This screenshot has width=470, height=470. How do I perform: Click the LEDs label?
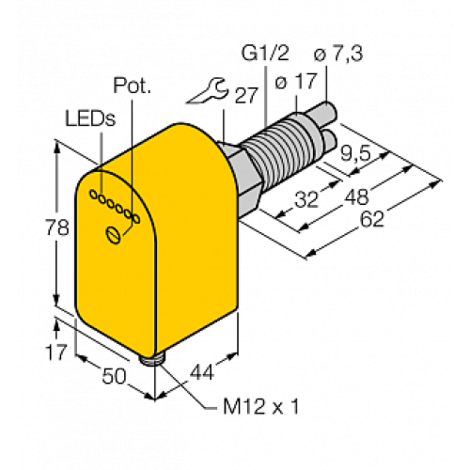click(x=90, y=119)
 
